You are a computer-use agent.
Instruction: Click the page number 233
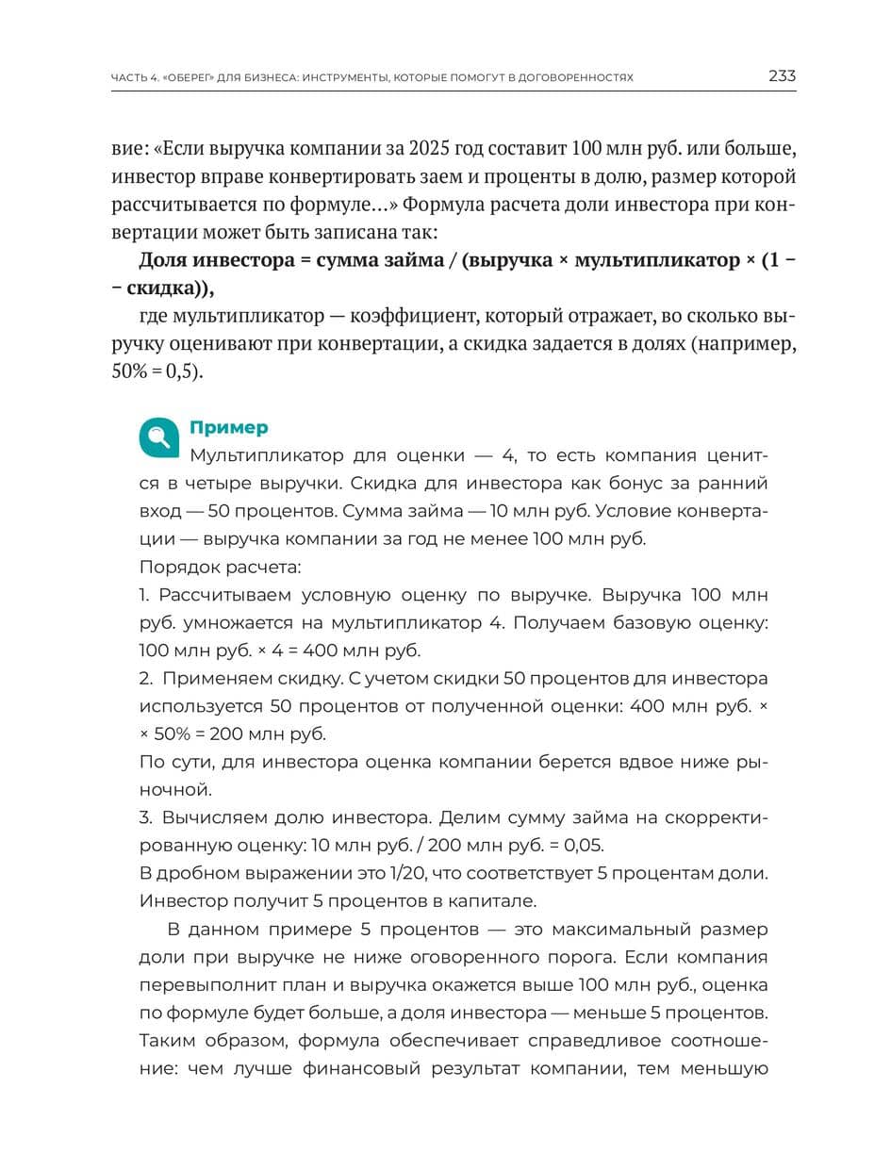tap(782, 76)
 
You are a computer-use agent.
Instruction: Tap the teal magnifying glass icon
tap(159, 437)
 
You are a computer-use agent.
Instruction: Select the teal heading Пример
tap(228, 428)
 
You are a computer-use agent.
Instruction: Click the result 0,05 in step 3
tap(582, 845)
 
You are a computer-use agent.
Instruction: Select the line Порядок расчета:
tap(221, 568)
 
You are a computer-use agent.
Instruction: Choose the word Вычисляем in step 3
tap(212, 817)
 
